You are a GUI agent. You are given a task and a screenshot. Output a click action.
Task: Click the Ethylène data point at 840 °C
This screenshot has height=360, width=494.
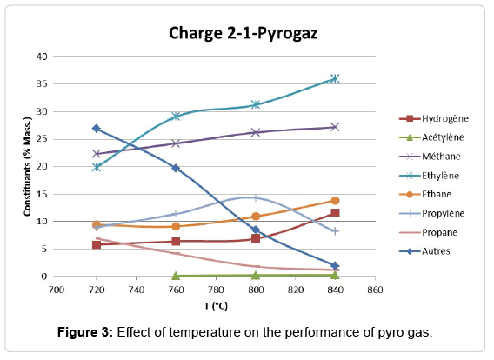pyautogui.click(x=335, y=78)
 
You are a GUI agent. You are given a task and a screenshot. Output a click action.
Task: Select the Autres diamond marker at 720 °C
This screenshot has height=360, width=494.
pyautogui.click(x=97, y=129)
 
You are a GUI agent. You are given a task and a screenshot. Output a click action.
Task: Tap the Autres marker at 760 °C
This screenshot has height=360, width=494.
pyautogui.click(x=176, y=168)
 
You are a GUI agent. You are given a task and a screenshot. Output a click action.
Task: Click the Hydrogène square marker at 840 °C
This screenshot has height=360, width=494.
pyautogui.click(x=335, y=213)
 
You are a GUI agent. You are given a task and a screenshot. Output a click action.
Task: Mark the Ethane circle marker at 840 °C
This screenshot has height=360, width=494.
pyautogui.click(x=335, y=201)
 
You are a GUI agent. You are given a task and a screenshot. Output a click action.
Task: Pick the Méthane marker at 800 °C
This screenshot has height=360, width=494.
pyautogui.click(x=256, y=132)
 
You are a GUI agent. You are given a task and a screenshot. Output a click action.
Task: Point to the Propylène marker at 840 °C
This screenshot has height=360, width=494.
pyautogui.click(x=335, y=231)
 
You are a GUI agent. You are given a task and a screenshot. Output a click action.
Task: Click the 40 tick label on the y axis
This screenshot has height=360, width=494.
pyautogui.click(x=42, y=57)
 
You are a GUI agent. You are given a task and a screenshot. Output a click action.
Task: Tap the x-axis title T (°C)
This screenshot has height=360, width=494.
pyautogui.click(x=216, y=303)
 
